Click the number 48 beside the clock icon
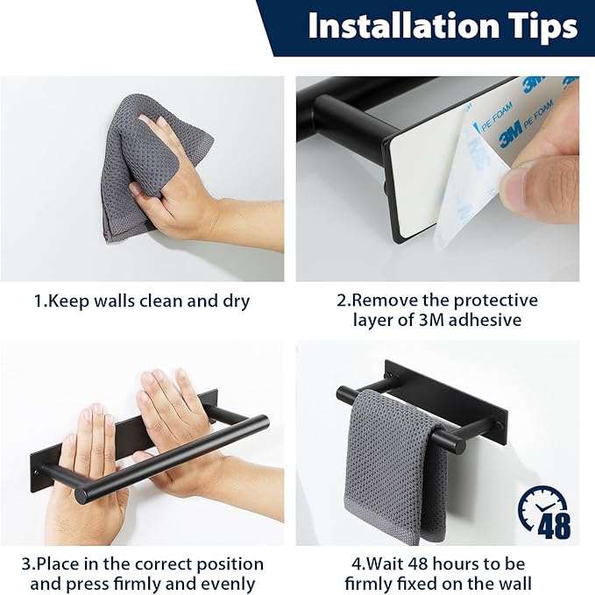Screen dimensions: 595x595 [x=554, y=526]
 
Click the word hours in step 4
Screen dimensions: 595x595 [x=466, y=564]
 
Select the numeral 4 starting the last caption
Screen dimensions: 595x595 [x=357, y=564]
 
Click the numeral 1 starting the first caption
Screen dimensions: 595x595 [x=38, y=301]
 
